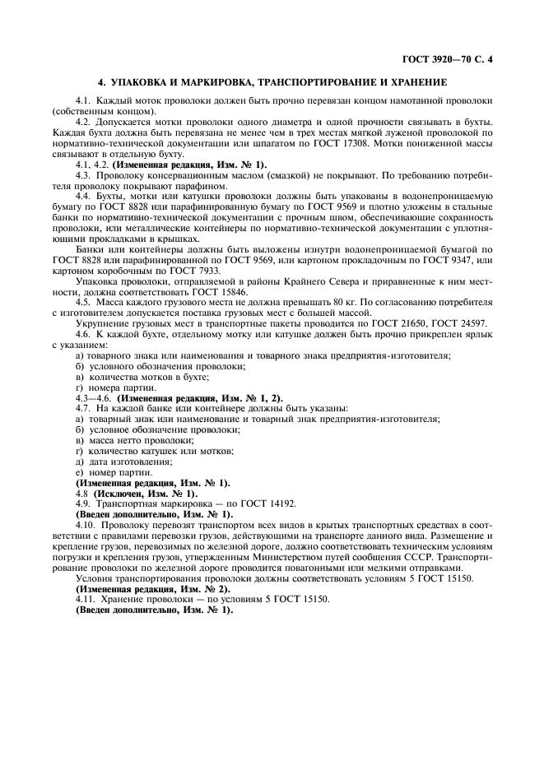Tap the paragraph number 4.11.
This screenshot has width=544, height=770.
pyautogui.click(x=85, y=599)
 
